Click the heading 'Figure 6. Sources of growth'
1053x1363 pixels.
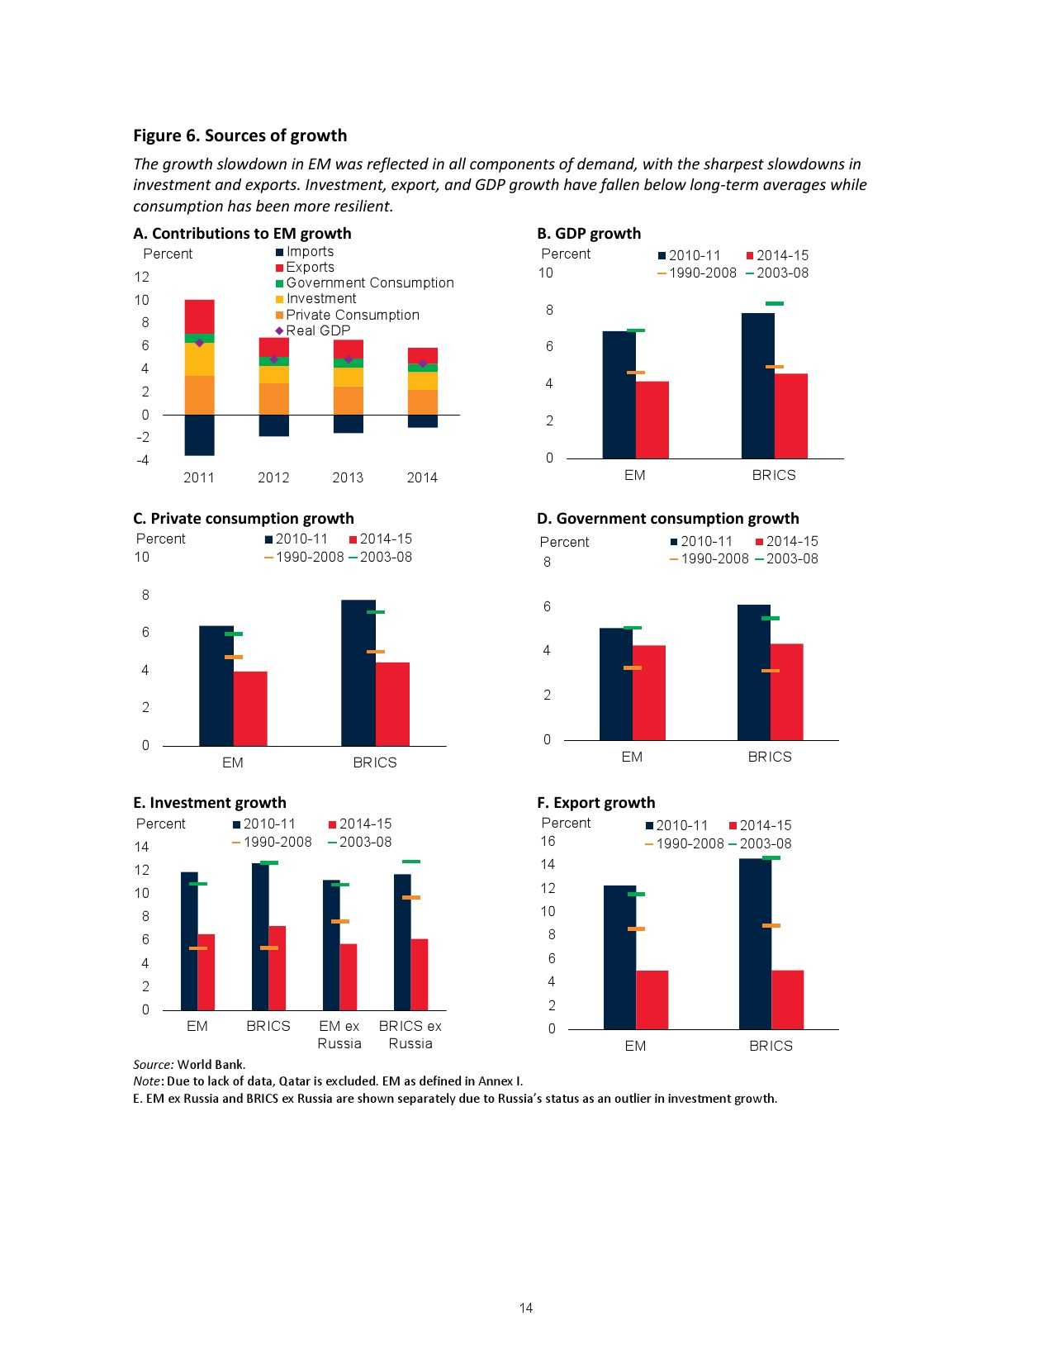240,135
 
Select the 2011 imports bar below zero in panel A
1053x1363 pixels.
199,435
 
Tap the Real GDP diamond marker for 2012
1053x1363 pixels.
274,359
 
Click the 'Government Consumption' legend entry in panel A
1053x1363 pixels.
369,283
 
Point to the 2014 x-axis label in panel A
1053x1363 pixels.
422,477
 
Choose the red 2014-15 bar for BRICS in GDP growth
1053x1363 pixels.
790,416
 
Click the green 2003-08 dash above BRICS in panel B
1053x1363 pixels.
774,304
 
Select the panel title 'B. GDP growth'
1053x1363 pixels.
589,233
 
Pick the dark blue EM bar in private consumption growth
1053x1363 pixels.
216,686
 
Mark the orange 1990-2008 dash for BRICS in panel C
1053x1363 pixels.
376,652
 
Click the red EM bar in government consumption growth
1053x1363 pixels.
648,692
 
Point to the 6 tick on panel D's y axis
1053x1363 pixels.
547,606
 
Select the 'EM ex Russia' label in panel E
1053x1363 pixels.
339,1034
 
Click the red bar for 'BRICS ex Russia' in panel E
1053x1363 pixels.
419,975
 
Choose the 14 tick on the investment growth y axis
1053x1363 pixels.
142,847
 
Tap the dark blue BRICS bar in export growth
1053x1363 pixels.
755,943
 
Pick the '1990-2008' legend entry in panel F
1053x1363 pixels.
689,843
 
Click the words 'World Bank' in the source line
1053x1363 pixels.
211,1064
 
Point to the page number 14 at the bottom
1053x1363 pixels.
526,1308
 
